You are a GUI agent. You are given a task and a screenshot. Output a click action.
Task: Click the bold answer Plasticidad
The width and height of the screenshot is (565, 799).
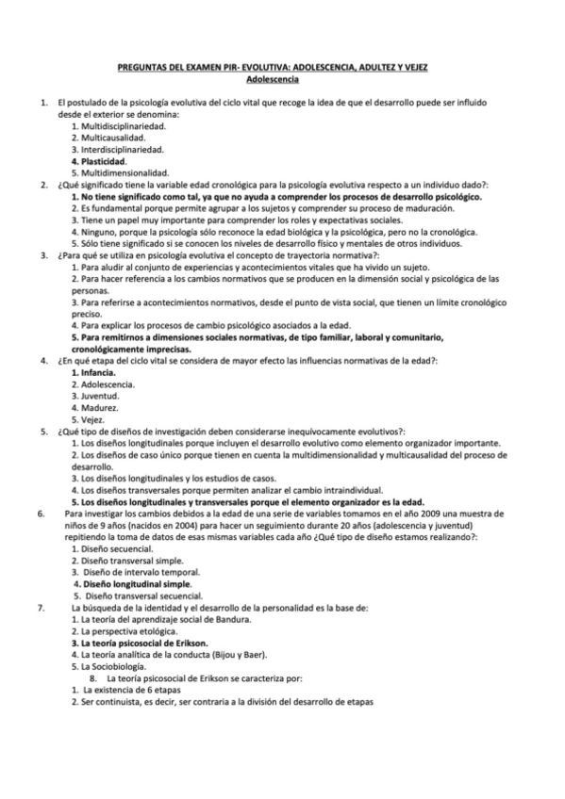tap(102, 161)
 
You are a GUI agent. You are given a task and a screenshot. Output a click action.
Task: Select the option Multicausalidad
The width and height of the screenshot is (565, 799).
tap(108, 137)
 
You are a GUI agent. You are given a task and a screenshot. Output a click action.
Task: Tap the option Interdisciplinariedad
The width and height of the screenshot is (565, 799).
tap(117, 149)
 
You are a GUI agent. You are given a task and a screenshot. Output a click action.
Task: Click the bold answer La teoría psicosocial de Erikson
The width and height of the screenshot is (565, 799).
tap(139, 644)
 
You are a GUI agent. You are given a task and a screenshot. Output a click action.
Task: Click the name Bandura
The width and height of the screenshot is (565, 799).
tap(231, 619)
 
